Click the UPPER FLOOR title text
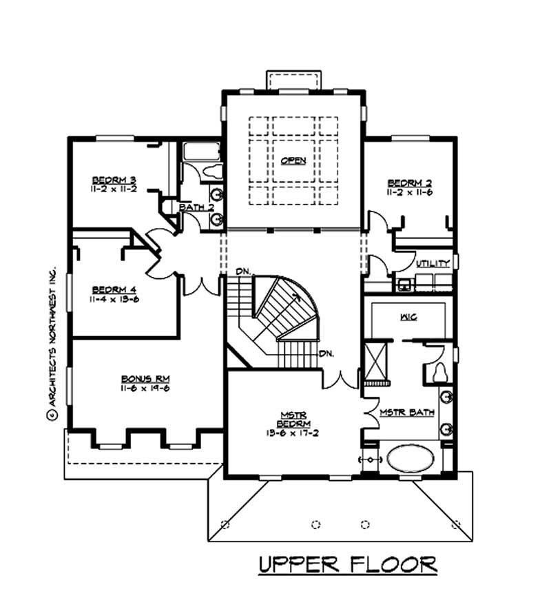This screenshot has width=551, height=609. point(348,565)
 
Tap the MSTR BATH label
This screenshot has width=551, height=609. point(407,413)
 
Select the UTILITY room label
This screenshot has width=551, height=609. point(433,263)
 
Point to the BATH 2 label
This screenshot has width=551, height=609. point(197,207)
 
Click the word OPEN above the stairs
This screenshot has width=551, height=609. point(293,161)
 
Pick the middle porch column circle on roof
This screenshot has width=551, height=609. point(316,524)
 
